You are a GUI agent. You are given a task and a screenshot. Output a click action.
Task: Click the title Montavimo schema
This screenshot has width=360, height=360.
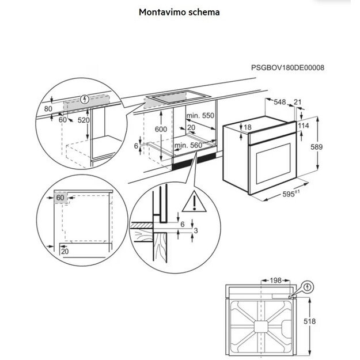coord(179,12)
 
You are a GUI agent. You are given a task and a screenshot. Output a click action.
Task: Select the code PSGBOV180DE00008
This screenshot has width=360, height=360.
coord(287,67)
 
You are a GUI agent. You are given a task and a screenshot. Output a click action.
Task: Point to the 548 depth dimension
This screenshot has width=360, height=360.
coord(280,102)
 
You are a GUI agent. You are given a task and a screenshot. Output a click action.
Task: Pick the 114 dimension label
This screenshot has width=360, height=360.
coord(304,126)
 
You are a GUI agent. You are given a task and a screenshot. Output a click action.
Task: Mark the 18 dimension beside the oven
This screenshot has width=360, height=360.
coord(232,127)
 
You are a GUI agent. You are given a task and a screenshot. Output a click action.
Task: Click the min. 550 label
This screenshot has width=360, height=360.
coord(200,116)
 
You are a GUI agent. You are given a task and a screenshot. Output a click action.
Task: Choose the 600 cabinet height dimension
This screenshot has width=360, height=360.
coord(161,130)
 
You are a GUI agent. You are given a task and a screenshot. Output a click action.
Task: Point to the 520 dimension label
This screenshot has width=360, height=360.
coord(84,120)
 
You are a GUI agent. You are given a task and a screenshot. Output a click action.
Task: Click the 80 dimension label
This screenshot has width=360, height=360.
coord(48,108)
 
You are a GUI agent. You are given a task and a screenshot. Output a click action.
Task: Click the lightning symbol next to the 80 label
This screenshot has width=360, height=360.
coord(85,98)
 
